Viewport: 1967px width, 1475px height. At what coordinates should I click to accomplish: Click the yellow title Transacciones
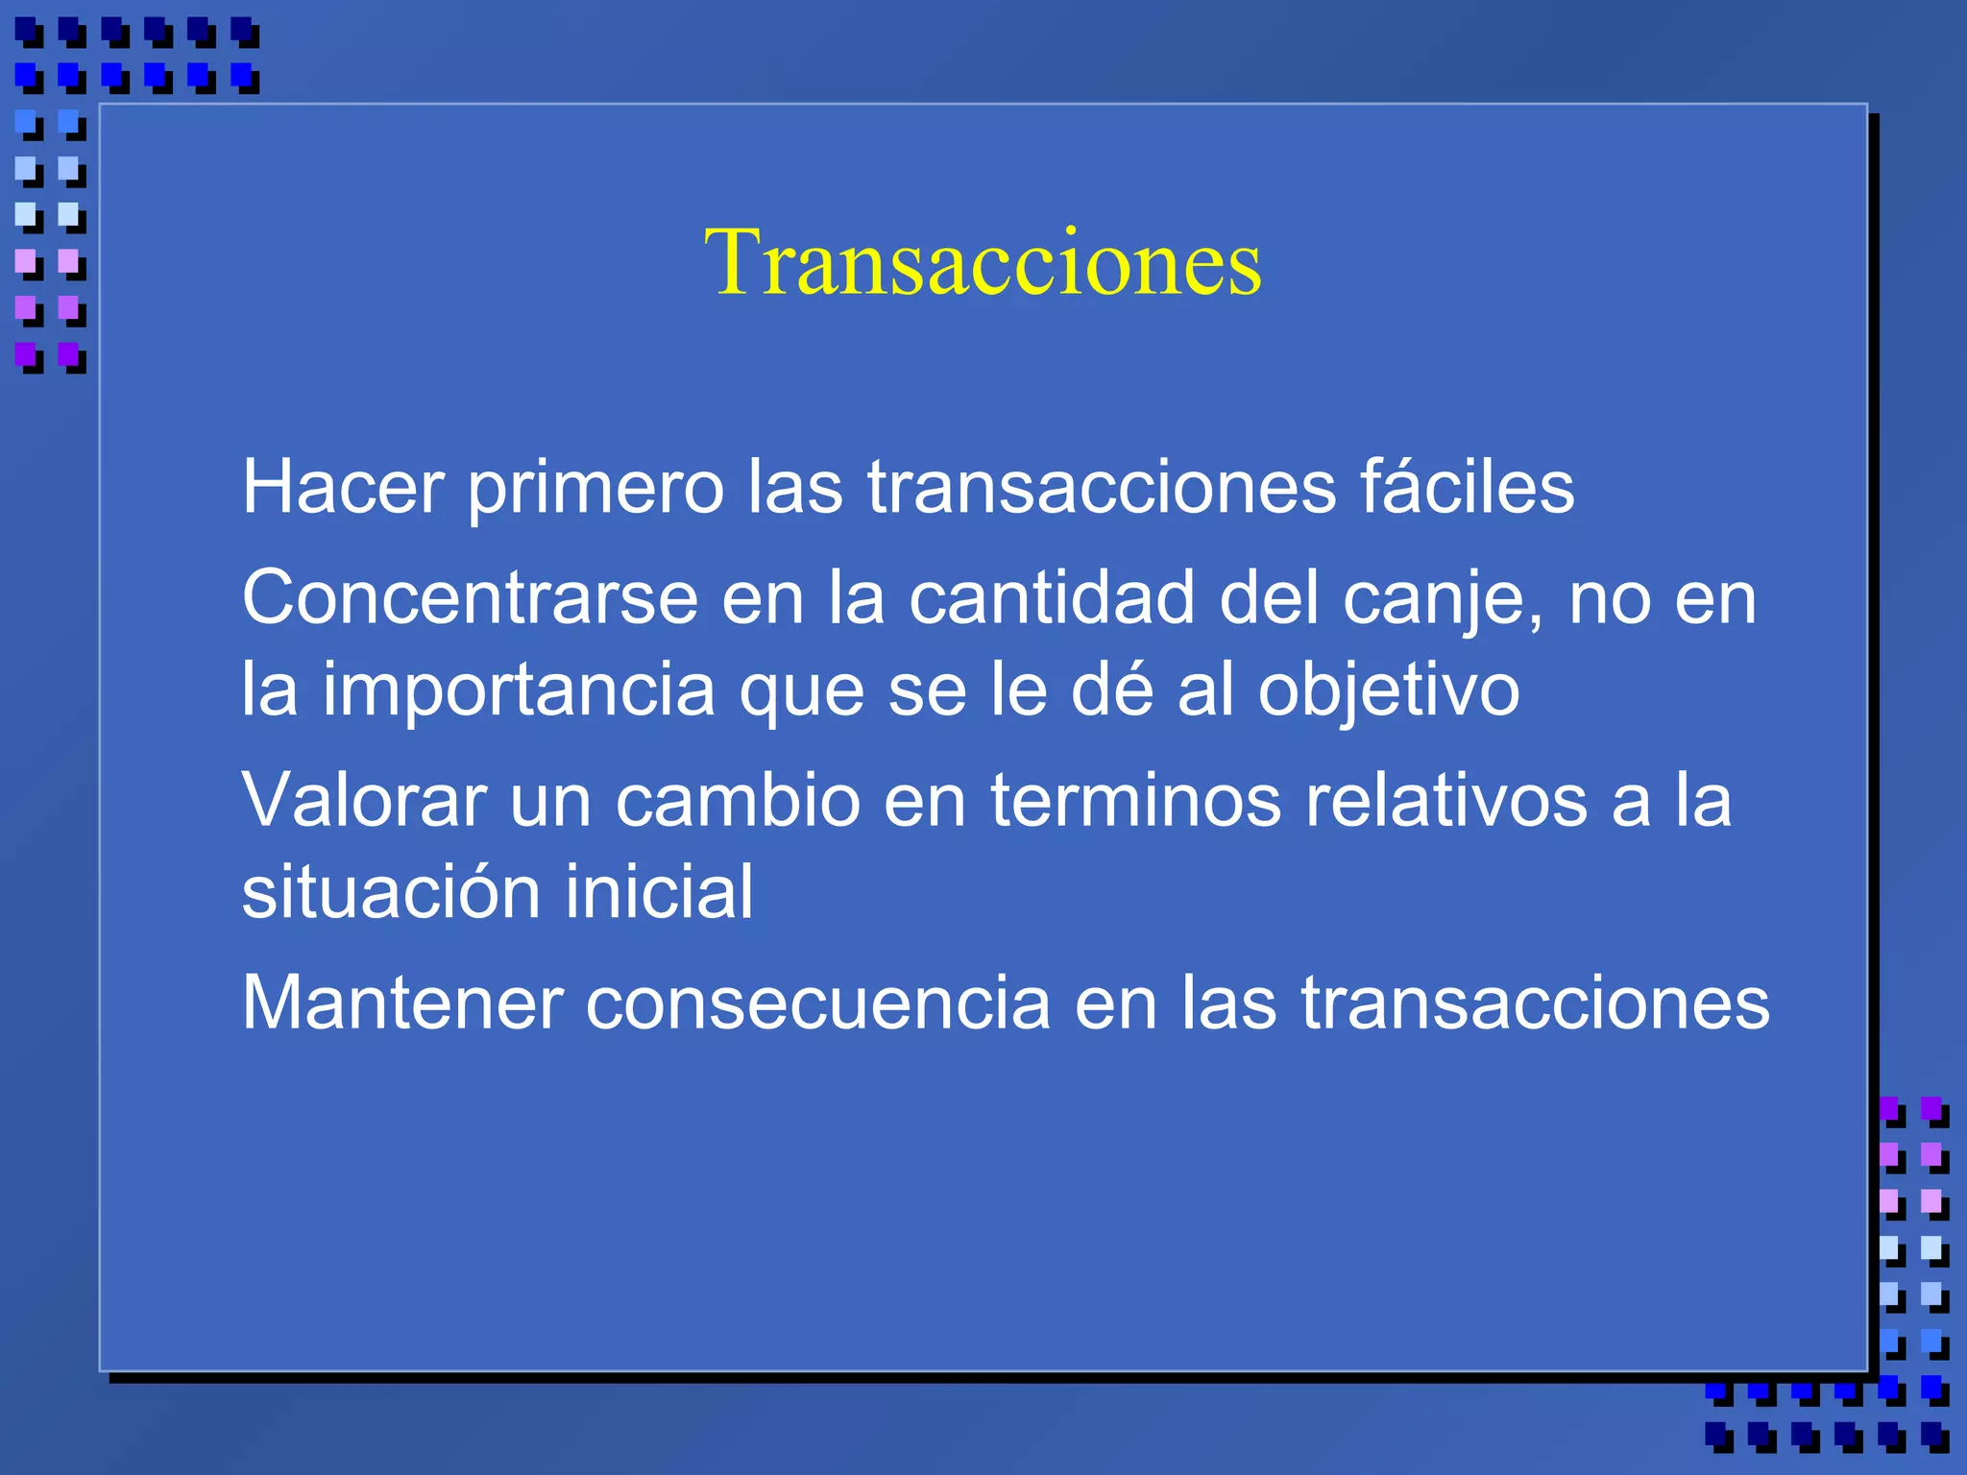point(983,261)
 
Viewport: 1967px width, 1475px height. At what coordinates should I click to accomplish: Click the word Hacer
point(342,487)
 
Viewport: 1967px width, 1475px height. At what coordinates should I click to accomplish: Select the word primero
point(595,487)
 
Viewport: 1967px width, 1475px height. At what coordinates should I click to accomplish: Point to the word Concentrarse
point(470,597)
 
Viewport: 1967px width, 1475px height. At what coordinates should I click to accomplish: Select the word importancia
point(518,689)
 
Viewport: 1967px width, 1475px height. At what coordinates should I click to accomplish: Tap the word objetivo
point(1389,689)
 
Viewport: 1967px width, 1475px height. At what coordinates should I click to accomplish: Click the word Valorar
point(363,799)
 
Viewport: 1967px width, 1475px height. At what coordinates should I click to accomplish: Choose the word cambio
point(738,799)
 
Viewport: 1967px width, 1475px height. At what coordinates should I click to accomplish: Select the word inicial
point(659,891)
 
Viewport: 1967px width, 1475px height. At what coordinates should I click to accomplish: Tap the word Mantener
point(402,1003)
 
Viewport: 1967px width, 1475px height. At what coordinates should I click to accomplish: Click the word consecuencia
point(818,1003)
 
